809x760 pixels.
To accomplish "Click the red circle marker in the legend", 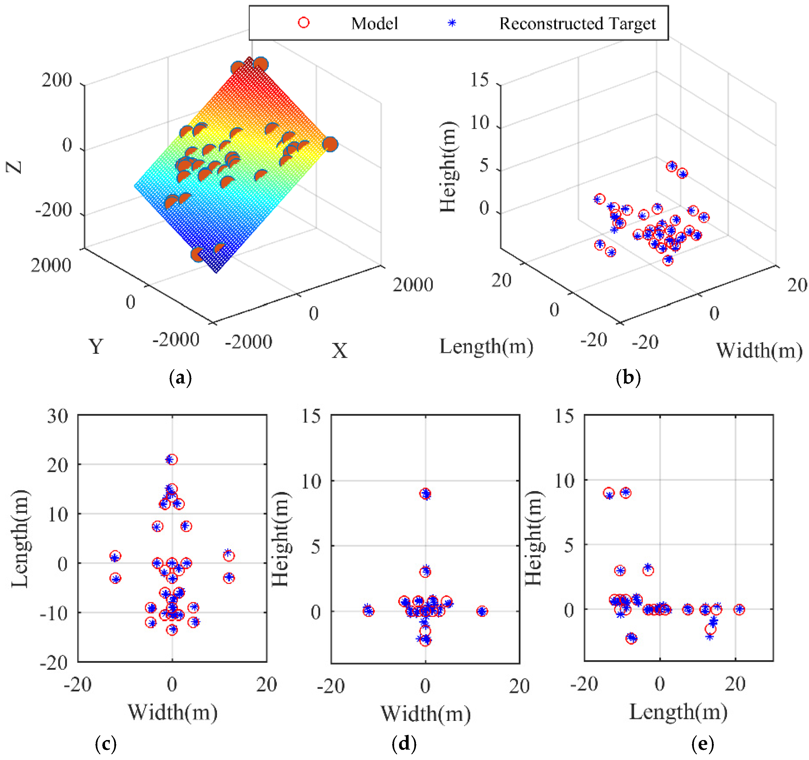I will coord(304,23).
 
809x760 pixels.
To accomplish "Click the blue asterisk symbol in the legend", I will coord(452,23).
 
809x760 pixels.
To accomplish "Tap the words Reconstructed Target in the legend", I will coord(577,24).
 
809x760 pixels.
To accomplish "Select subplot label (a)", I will coord(180,378).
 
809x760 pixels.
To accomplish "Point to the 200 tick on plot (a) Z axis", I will coord(57,80).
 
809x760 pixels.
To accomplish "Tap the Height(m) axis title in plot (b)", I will coord(449,167).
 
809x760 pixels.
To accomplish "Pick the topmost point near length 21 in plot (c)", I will coord(172,459).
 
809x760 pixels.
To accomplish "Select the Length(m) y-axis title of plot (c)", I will coord(19,539).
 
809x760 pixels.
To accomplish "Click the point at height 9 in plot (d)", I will coord(425,494).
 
